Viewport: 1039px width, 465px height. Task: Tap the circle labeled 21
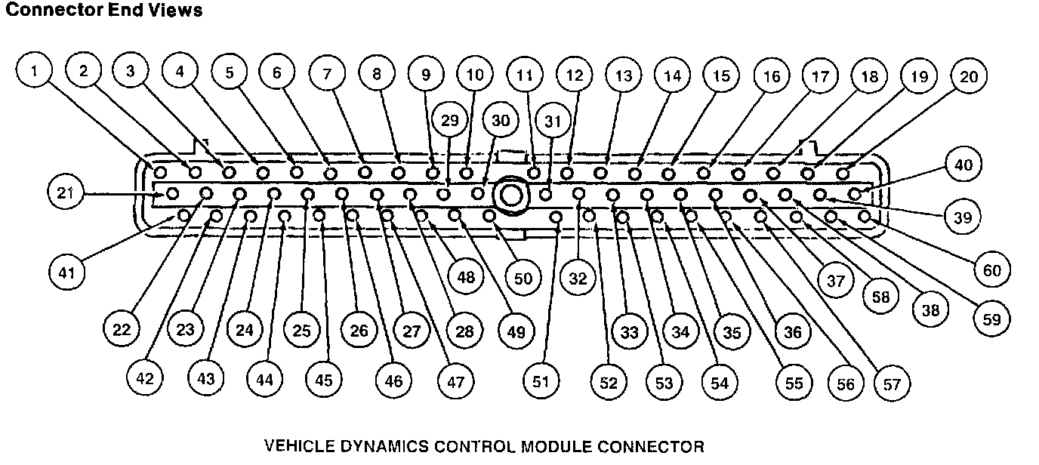click(x=66, y=193)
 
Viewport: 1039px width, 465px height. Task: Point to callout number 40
click(x=963, y=165)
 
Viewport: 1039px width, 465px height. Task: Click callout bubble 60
click(x=991, y=269)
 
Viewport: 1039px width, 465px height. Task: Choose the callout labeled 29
click(x=450, y=121)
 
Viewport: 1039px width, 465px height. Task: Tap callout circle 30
click(x=501, y=121)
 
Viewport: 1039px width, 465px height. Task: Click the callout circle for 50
click(x=523, y=277)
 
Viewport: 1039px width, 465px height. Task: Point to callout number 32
click(x=578, y=278)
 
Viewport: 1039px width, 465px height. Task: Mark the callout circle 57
click(x=892, y=383)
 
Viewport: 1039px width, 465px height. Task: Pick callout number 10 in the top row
click(x=474, y=74)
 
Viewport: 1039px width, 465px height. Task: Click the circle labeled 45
click(x=323, y=380)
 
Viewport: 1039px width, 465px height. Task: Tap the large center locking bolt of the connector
click(x=510, y=196)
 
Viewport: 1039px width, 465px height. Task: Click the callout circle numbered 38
click(x=931, y=309)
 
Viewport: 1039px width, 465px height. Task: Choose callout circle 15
click(x=722, y=75)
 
